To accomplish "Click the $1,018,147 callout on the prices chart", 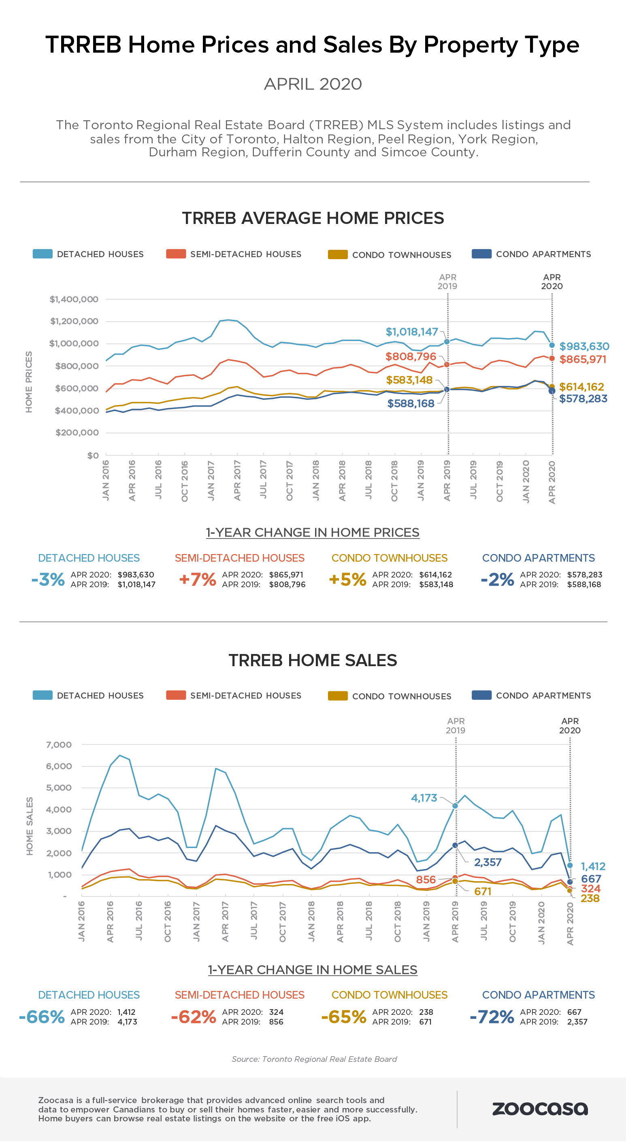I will click(x=411, y=332).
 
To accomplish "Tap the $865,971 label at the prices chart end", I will click(x=583, y=359).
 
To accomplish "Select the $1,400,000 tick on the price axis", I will click(x=74, y=299).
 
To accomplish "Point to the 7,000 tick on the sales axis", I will click(x=59, y=745).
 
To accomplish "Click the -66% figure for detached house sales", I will click(x=42, y=1016).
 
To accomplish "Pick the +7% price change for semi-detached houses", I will click(x=197, y=579).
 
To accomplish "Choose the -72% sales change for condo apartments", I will click(x=492, y=1016).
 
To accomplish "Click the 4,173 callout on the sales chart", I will click(x=424, y=798).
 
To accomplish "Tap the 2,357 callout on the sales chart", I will click(x=488, y=862).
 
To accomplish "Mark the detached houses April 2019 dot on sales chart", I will click(x=455, y=805).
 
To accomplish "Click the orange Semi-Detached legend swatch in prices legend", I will click(x=176, y=254).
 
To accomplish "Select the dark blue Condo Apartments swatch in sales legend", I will click(x=481, y=695).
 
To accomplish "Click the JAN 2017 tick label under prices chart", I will click(x=211, y=481).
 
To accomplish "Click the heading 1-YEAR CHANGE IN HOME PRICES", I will click(x=313, y=533).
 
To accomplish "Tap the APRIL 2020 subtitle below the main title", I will click(x=313, y=84).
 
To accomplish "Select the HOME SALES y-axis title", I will click(x=30, y=827).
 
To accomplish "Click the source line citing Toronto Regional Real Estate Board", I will click(x=314, y=1059).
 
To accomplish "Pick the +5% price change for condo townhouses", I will click(x=347, y=579).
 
